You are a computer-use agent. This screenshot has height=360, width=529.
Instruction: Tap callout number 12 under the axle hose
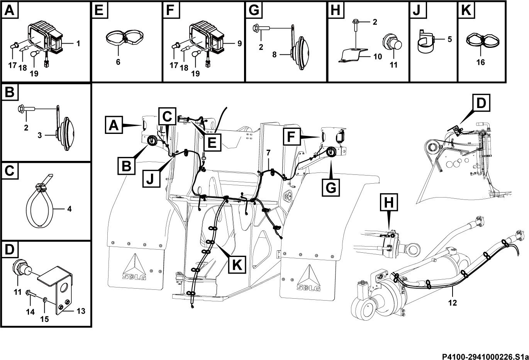[x=453, y=303]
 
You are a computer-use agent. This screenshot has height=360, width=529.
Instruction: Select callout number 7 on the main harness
[x=268, y=153]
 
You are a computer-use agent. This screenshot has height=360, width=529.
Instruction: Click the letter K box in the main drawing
[x=237, y=264]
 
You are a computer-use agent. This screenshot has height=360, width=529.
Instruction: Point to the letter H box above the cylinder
[x=389, y=202]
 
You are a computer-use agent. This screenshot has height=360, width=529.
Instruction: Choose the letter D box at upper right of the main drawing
[x=481, y=103]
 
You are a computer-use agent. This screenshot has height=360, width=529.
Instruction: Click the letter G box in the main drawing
[x=331, y=188]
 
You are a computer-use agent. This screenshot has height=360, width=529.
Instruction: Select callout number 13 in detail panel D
[x=81, y=311]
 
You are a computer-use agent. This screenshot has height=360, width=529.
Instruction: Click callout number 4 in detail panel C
[x=69, y=209]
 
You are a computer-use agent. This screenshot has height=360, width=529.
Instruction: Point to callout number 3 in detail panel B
[x=40, y=135]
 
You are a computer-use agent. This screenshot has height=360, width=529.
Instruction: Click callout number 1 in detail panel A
[x=78, y=44]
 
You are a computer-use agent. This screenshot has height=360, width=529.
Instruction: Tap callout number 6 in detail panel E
[x=118, y=62]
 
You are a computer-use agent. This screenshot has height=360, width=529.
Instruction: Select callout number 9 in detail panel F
[x=240, y=44]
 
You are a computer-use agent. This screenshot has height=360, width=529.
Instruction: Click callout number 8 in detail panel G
[x=274, y=54]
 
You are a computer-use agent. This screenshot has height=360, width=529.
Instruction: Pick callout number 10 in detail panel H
[x=378, y=56]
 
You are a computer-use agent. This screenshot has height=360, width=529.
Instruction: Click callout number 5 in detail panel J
[x=449, y=39]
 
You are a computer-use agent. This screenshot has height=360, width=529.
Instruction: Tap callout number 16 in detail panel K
[x=481, y=63]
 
